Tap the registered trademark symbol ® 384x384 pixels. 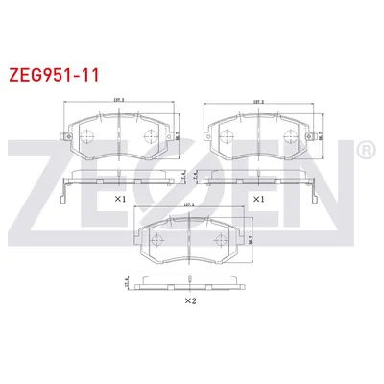click(x=365, y=151)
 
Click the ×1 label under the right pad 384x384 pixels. click(x=257, y=199)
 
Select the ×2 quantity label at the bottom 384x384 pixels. click(x=189, y=300)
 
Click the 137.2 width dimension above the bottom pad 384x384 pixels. click(x=187, y=205)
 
